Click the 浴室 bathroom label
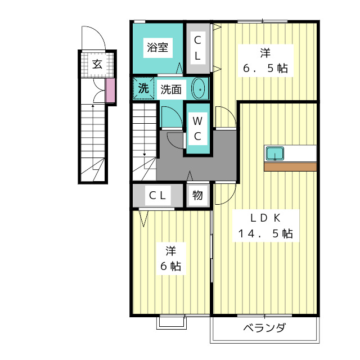(157, 47)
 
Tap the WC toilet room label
(197, 129)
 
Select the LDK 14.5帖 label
(265, 226)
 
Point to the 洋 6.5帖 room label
(265, 60)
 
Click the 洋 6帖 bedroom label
(171, 259)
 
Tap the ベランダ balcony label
(265, 328)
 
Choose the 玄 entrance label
(97, 64)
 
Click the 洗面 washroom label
(171, 89)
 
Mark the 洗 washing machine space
(144, 88)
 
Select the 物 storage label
(197, 195)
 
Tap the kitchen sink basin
(275, 154)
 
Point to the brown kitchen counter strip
(290, 166)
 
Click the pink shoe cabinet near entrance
(110, 91)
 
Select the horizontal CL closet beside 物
(157, 195)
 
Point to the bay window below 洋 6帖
(172, 322)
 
